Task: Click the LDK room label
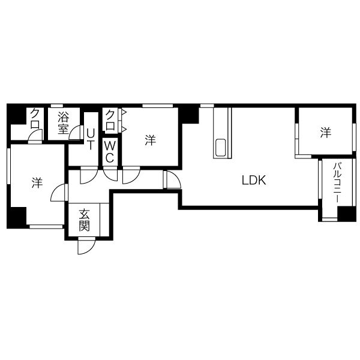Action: click(254, 180)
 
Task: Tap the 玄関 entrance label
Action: click(84, 220)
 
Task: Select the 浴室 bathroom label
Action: click(63, 123)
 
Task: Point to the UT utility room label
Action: click(91, 139)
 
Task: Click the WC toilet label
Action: click(110, 152)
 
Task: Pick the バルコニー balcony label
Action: click(337, 182)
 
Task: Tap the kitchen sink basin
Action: click(220, 148)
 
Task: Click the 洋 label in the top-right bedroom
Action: click(326, 133)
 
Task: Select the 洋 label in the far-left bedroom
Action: click(37, 182)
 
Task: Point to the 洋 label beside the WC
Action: click(151, 140)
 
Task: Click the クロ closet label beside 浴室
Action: click(35, 119)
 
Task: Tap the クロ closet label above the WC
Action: click(110, 120)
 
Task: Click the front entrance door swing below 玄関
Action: click(86, 247)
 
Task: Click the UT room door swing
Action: click(88, 176)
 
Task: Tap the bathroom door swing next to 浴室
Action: click(76, 133)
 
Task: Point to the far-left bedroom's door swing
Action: click(59, 193)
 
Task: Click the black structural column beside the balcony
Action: click(346, 214)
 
